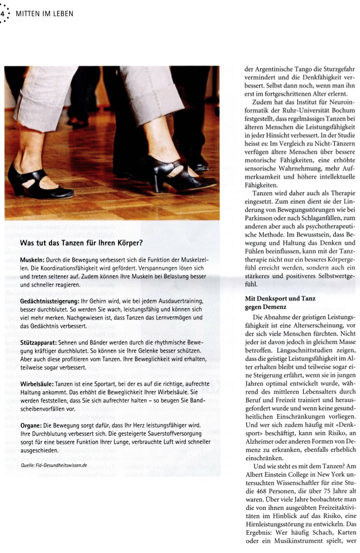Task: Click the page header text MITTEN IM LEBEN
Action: (x=44, y=13)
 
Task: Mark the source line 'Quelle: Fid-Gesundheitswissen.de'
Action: (x=54, y=465)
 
